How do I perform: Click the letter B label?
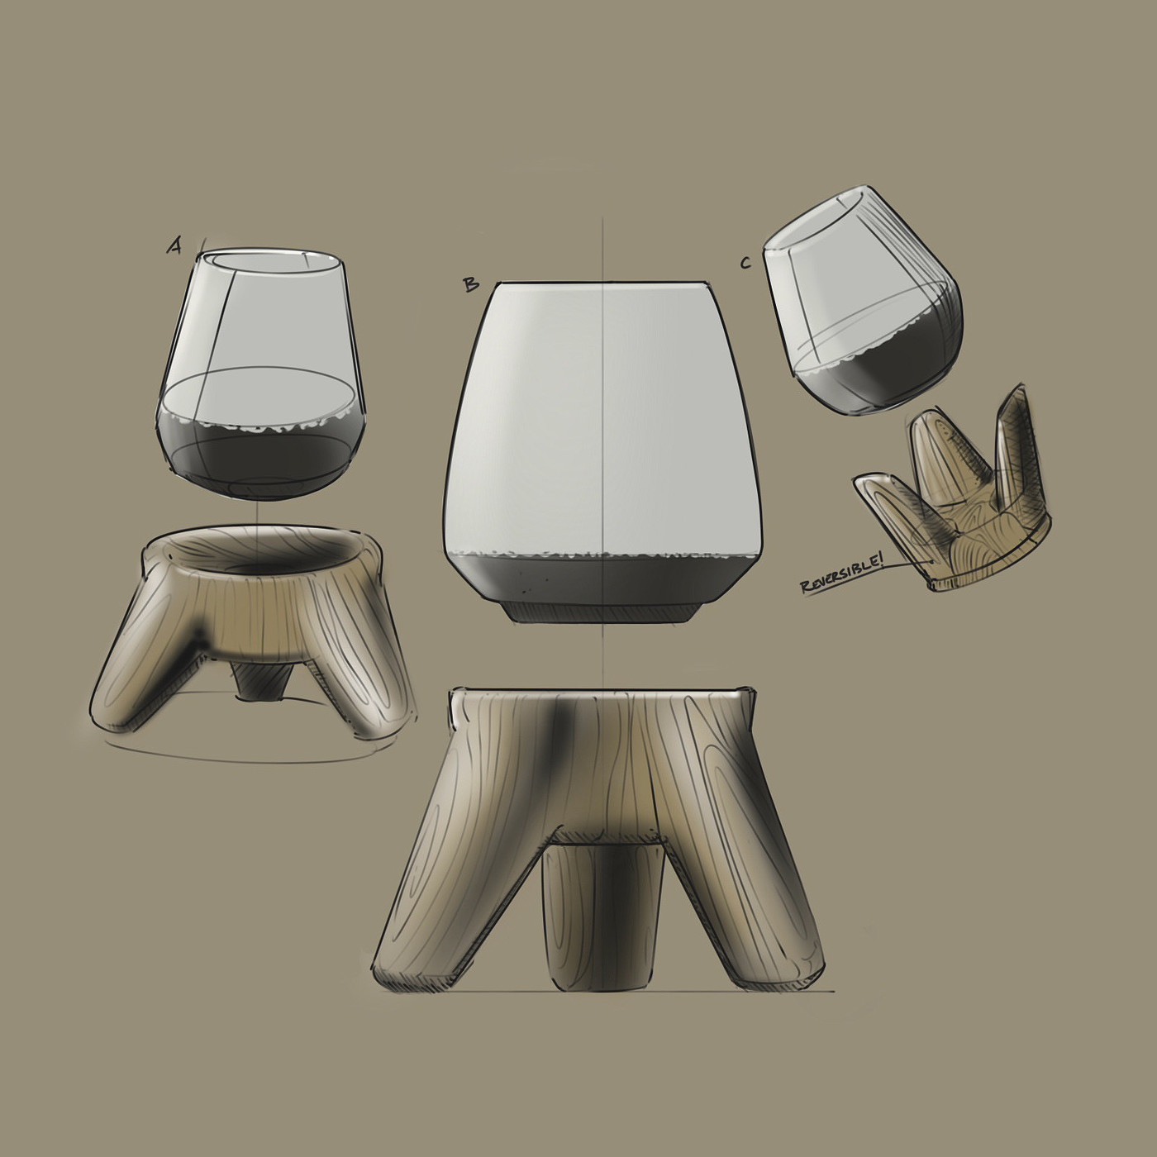pyautogui.click(x=471, y=284)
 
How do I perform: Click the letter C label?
pyautogui.click(x=745, y=262)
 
